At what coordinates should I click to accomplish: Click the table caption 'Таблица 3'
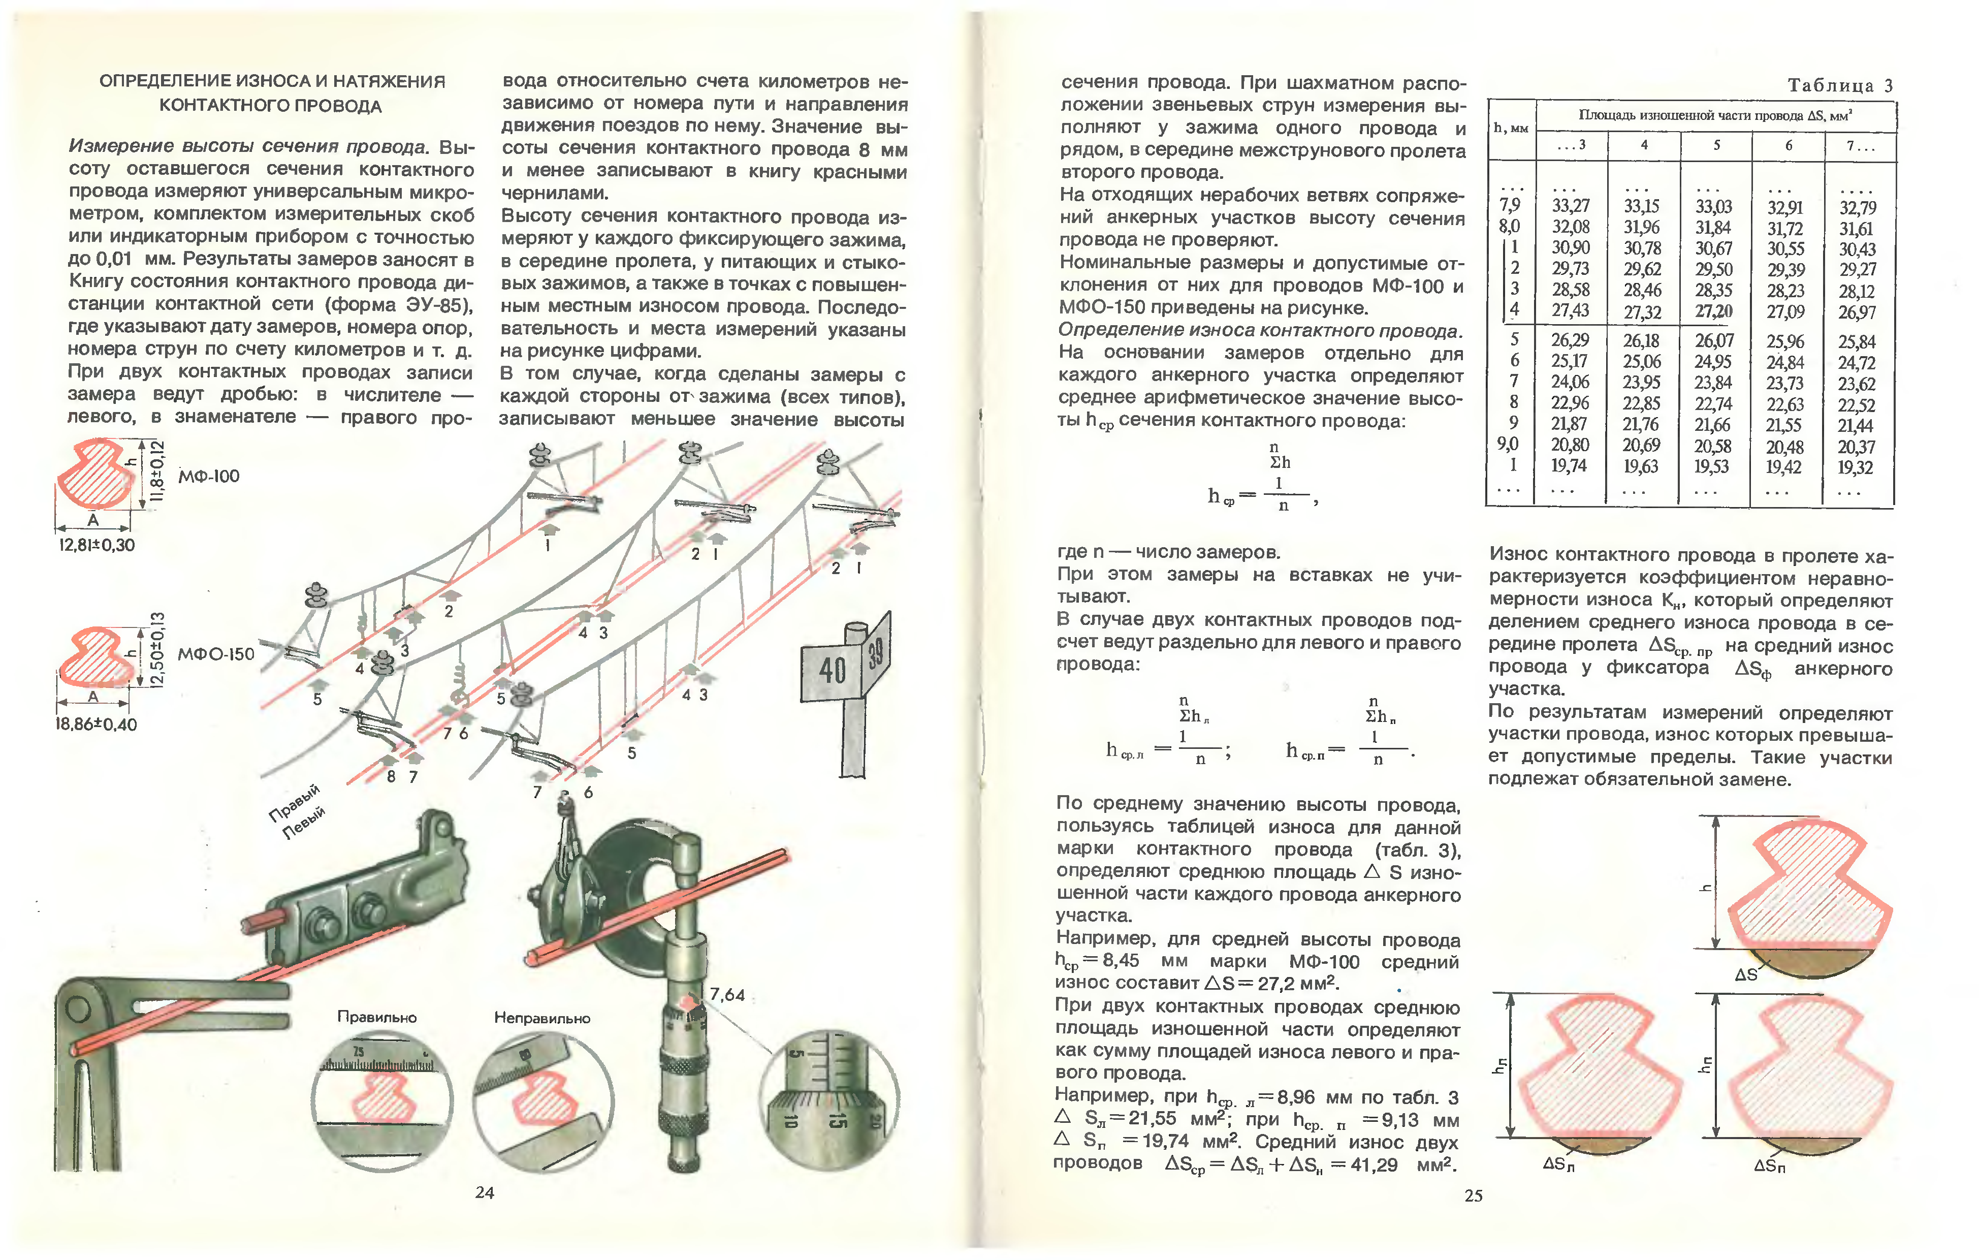1840,85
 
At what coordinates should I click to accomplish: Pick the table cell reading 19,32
1856,467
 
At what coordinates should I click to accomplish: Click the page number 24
485,1192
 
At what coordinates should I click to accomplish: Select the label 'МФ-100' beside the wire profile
209,477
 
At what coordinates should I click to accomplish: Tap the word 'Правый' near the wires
294,802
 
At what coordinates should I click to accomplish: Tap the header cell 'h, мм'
1511,128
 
